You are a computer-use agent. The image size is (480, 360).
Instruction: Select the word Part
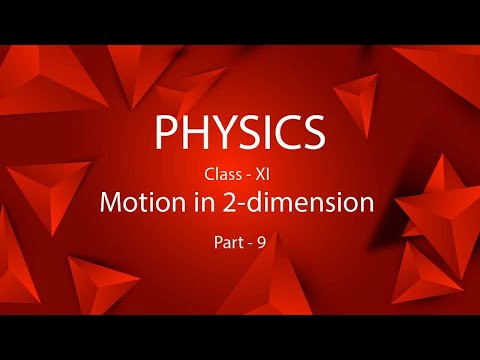227,241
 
